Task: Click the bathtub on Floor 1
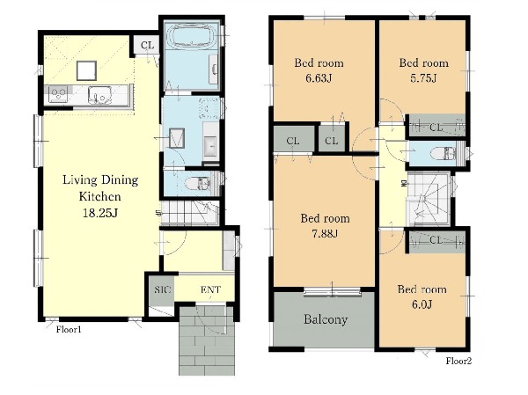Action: (x=192, y=36)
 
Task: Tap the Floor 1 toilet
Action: (x=199, y=184)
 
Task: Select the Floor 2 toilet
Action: (x=444, y=154)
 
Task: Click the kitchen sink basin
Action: (x=99, y=95)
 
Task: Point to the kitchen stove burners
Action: (x=58, y=94)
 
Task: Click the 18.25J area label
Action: (x=100, y=213)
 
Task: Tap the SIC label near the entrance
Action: (x=163, y=289)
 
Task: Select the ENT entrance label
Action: (x=210, y=289)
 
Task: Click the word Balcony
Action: (x=326, y=319)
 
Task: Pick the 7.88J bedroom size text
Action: (x=325, y=233)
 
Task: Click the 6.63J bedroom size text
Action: (x=319, y=78)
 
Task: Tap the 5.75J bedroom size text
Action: (x=423, y=78)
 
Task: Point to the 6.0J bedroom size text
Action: (x=422, y=304)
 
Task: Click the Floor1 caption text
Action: (x=69, y=330)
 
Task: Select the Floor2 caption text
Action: (x=458, y=361)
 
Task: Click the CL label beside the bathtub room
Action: (x=147, y=45)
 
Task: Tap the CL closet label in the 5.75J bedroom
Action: (x=436, y=128)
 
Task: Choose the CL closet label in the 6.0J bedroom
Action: (x=436, y=240)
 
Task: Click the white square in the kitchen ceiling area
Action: (x=86, y=70)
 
